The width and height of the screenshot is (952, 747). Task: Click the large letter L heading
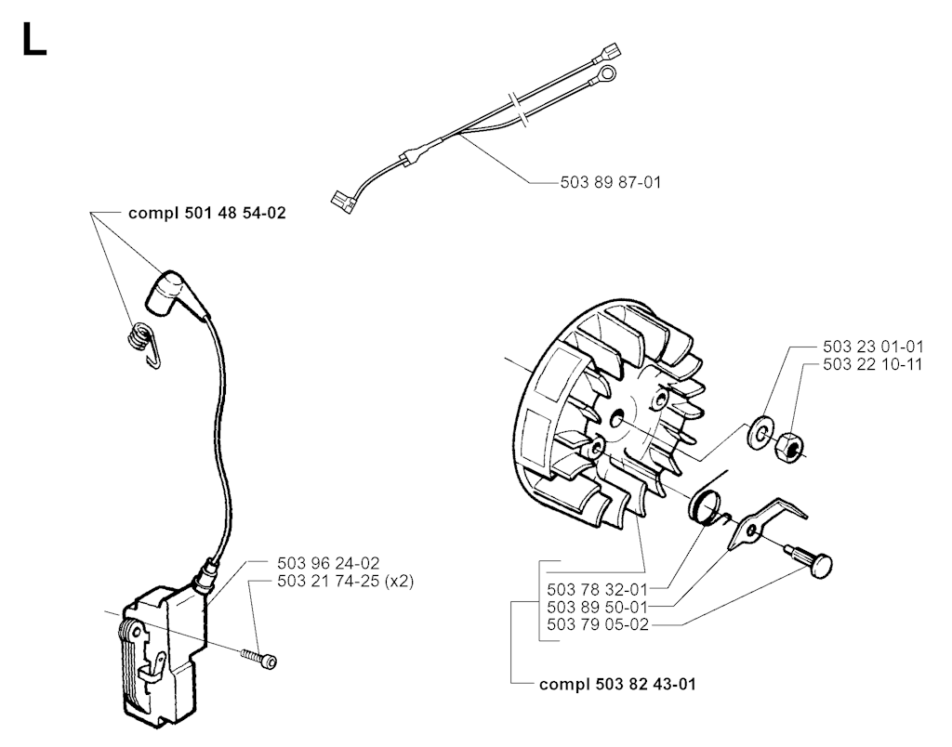tap(34, 39)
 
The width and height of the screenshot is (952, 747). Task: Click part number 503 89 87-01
tap(610, 182)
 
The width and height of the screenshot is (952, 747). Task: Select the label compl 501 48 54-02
tap(207, 213)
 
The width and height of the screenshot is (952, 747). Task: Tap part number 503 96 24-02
tap(328, 563)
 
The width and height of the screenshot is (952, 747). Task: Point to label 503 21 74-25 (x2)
tap(346, 581)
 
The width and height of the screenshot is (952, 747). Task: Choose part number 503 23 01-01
tap(873, 347)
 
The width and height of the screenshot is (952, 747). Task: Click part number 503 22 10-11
tap(873, 364)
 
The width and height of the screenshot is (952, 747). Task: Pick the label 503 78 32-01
tap(598, 589)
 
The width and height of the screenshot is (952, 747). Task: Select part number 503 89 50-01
tap(598, 607)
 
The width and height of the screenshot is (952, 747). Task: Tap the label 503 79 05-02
tap(598, 624)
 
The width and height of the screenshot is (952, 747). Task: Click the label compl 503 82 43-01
tap(617, 685)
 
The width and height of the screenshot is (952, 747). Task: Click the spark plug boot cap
tap(170, 295)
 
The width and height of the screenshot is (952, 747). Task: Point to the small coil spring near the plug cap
tap(144, 344)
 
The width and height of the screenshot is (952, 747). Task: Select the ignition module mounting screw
tap(259, 658)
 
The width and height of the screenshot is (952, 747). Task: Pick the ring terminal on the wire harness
tap(603, 74)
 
